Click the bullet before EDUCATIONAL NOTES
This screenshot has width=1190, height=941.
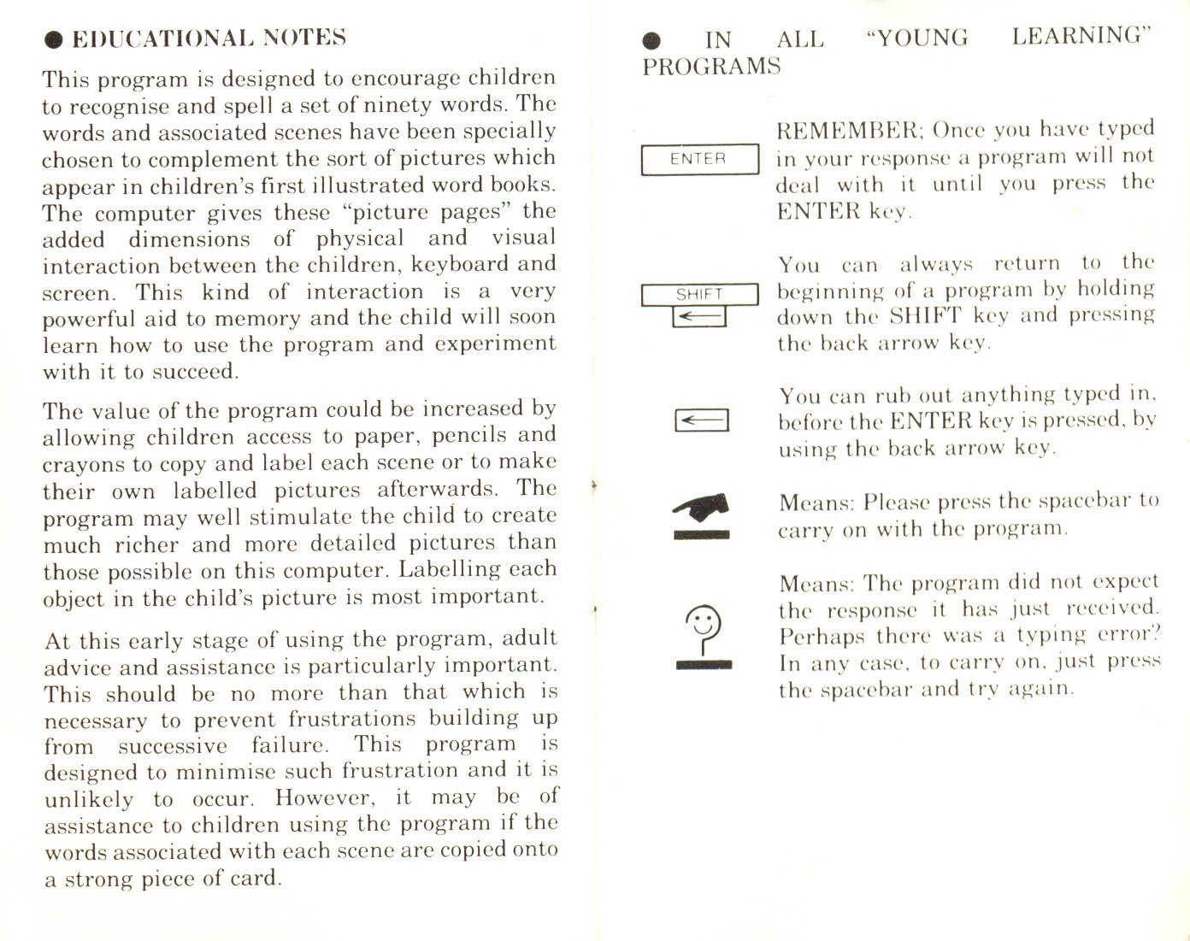[54, 39]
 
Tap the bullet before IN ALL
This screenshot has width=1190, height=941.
[652, 40]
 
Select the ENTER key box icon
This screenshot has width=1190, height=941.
[699, 159]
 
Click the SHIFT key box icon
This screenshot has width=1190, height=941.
[699, 294]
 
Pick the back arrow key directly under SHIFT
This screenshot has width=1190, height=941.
[699, 317]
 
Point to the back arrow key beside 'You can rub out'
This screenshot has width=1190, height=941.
[701, 420]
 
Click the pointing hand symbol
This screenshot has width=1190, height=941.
[702, 508]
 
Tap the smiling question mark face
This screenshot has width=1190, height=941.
[704, 627]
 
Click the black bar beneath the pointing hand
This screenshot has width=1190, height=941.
[702, 535]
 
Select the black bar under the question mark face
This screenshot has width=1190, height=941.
[704, 665]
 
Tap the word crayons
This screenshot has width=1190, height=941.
[83, 464]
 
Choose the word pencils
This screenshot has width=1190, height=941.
[469, 436]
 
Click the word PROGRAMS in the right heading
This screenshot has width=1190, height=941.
[711, 67]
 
